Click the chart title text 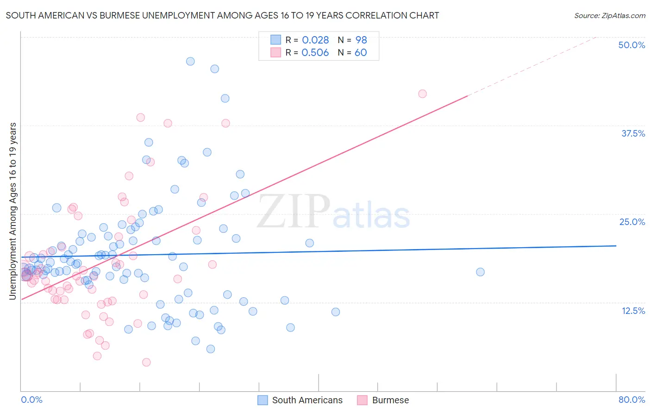pos(222,15)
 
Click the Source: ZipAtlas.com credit pos(609,15)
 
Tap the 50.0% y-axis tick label pos(632,45)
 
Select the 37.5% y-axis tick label pos(633,133)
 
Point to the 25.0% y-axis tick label pos(632,222)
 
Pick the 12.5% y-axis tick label pos(633,311)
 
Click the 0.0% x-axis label pos(31,400)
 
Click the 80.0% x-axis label pos(632,400)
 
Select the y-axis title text pos(13,211)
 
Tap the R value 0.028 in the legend pos(315,40)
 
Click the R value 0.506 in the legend pos(315,52)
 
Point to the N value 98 pos(361,40)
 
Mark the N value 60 pos(361,52)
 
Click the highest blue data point pos(190,61)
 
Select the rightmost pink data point pos(422,94)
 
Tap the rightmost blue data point pos(480,272)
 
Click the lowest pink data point pos(146,362)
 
